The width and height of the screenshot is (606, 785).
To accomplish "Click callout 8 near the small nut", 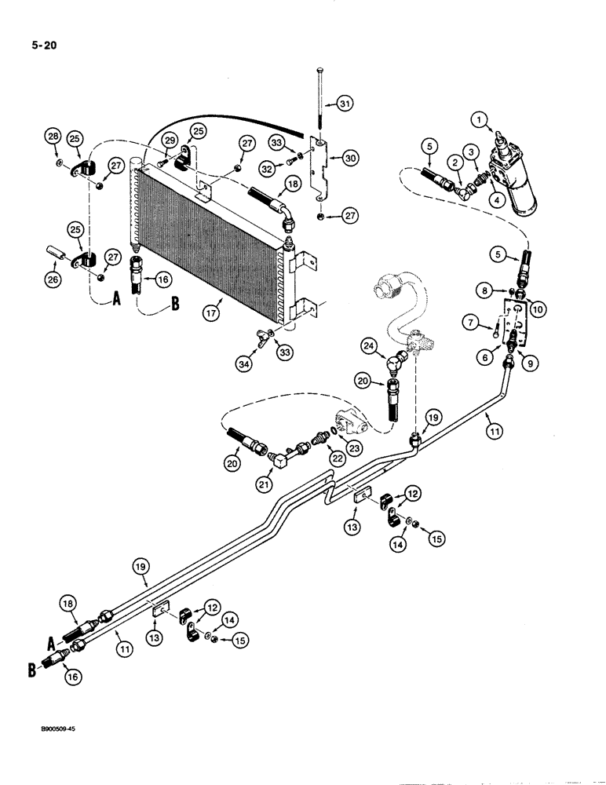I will tap(487, 290).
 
